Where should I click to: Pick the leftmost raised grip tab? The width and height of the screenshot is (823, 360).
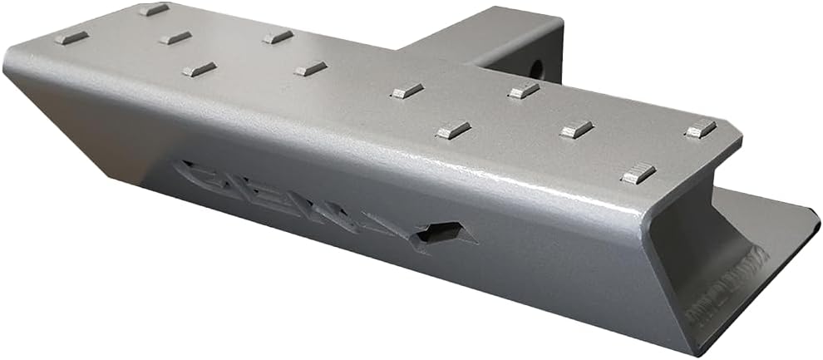point(71,37)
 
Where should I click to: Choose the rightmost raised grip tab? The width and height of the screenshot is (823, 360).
point(700,128)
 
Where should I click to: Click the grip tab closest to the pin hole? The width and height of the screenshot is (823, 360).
point(524,90)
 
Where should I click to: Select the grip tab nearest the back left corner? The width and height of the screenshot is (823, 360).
point(154,9)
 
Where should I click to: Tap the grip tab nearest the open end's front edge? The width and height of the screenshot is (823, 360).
point(638,173)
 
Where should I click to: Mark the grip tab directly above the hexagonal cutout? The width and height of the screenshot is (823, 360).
point(453,129)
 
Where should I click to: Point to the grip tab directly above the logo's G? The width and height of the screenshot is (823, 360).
point(200,69)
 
